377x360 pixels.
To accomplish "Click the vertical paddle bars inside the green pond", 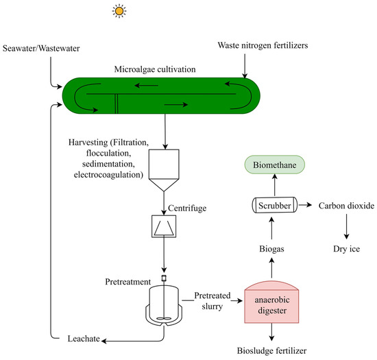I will click(x=116, y=102).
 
